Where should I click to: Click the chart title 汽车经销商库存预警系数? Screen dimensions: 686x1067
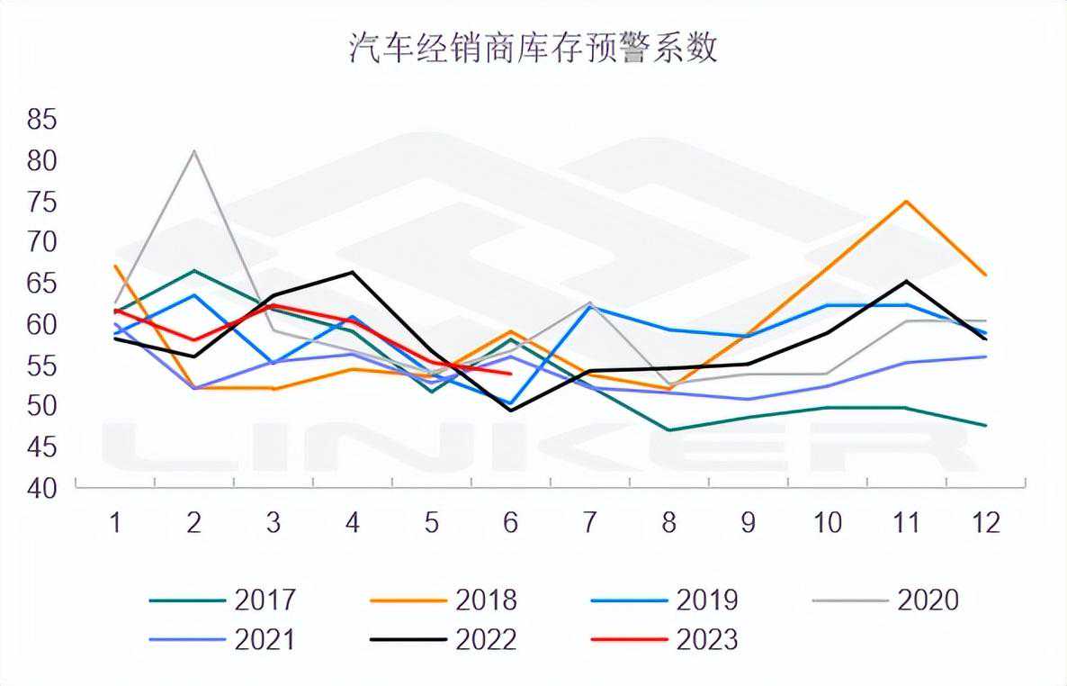pyautogui.click(x=533, y=49)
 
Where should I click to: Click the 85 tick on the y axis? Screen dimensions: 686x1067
pyautogui.click(x=41, y=119)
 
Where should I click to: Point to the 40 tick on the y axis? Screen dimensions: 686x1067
pyautogui.click(x=41, y=488)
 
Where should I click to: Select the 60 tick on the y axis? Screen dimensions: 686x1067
pyautogui.click(x=41, y=324)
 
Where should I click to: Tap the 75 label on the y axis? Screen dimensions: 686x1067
pyautogui.click(x=41, y=202)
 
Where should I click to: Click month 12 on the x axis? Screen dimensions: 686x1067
pyautogui.click(x=986, y=523)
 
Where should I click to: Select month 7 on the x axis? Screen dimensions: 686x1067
pyautogui.click(x=590, y=523)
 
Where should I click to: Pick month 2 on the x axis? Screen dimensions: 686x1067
pyautogui.click(x=194, y=523)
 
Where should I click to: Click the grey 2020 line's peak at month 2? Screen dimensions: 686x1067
pyautogui.click(x=194, y=151)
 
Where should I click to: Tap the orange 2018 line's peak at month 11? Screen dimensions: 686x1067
pyautogui.click(x=907, y=201)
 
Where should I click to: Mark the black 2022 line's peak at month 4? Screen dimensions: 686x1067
pyautogui.click(x=352, y=272)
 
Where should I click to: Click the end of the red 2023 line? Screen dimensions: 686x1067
pyautogui.click(x=510, y=374)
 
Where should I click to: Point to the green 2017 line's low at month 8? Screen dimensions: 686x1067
pyautogui.click(x=669, y=430)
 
